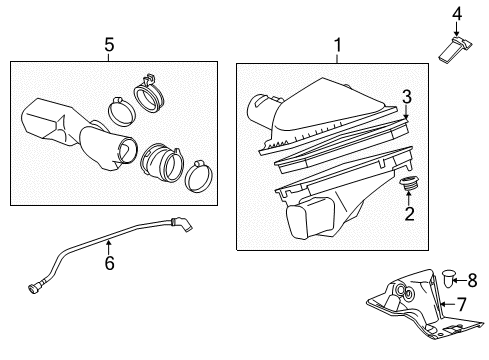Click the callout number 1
338,46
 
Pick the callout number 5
109,45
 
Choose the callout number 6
109,264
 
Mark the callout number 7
463,302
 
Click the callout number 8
473,281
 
